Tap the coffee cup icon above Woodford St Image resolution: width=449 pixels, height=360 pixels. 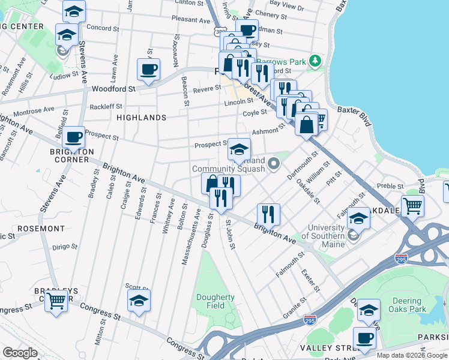click(x=148, y=69)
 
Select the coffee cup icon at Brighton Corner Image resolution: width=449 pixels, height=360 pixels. click(x=73, y=137)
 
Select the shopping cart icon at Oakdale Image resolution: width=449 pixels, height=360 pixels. click(x=412, y=205)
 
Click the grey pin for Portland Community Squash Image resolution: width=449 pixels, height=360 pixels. click(x=275, y=163)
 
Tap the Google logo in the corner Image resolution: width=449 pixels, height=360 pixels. click(x=20, y=353)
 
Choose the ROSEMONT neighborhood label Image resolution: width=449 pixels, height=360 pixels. click(x=41, y=229)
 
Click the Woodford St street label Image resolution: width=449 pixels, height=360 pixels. click(x=113, y=89)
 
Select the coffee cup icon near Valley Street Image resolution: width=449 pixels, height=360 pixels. click(x=364, y=337)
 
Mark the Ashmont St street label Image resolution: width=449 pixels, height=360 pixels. click(x=267, y=131)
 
